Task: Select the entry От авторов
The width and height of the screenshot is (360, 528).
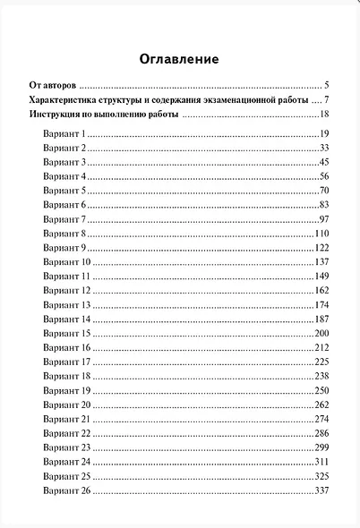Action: (53, 83)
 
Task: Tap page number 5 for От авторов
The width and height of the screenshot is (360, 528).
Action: (329, 83)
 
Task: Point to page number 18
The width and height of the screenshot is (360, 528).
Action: (325, 115)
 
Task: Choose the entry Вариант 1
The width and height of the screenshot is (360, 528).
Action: (63, 133)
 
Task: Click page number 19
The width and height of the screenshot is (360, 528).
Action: (325, 133)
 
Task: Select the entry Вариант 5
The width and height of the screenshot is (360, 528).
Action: (63, 191)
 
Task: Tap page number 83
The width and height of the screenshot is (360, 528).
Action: (325, 205)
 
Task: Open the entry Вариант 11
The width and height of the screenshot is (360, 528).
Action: (65, 277)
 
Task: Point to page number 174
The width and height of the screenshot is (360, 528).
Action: (323, 305)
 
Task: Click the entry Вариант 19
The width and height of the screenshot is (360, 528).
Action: (65, 390)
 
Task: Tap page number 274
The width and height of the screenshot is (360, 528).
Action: (323, 419)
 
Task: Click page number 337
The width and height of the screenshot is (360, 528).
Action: (323, 490)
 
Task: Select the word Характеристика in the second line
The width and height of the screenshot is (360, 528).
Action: (65, 98)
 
